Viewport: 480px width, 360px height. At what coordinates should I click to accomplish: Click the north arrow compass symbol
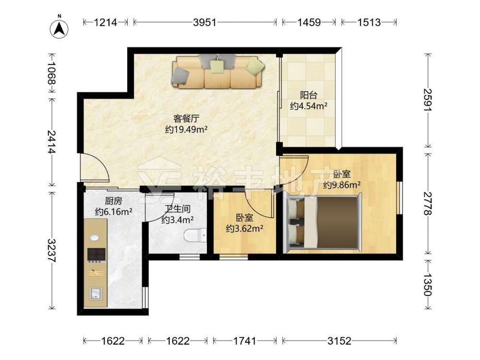click(x=59, y=27)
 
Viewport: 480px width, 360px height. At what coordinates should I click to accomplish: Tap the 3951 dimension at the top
click(x=204, y=23)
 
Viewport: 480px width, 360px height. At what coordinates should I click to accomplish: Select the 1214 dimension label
click(x=105, y=23)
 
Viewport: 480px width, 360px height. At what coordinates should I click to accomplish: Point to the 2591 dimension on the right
click(x=428, y=100)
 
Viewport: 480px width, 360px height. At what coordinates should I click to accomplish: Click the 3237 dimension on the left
click(x=52, y=251)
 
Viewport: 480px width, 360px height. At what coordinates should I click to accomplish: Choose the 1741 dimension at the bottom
click(x=245, y=341)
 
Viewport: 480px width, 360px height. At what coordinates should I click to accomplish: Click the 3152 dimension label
click(x=339, y=341)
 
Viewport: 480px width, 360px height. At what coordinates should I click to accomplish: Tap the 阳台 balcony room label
click(x=308, y=95)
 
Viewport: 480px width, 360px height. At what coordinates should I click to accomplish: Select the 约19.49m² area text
click(x=186, y=130)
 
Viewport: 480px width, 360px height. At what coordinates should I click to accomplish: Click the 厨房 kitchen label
click(x=113, y=201)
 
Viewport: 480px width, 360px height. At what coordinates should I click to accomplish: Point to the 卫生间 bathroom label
click(x=178, y=209)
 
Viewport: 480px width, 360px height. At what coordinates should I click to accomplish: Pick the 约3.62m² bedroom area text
click(x=245, y=228)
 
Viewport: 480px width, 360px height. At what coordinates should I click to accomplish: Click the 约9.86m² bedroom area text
click(x=342, y=185)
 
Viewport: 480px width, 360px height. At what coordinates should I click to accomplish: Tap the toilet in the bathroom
click(x=195, y=236)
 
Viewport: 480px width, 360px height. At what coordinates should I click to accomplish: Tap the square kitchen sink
click(x=96, y=294)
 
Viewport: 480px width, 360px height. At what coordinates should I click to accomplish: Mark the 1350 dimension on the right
click(x=428, y=285)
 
